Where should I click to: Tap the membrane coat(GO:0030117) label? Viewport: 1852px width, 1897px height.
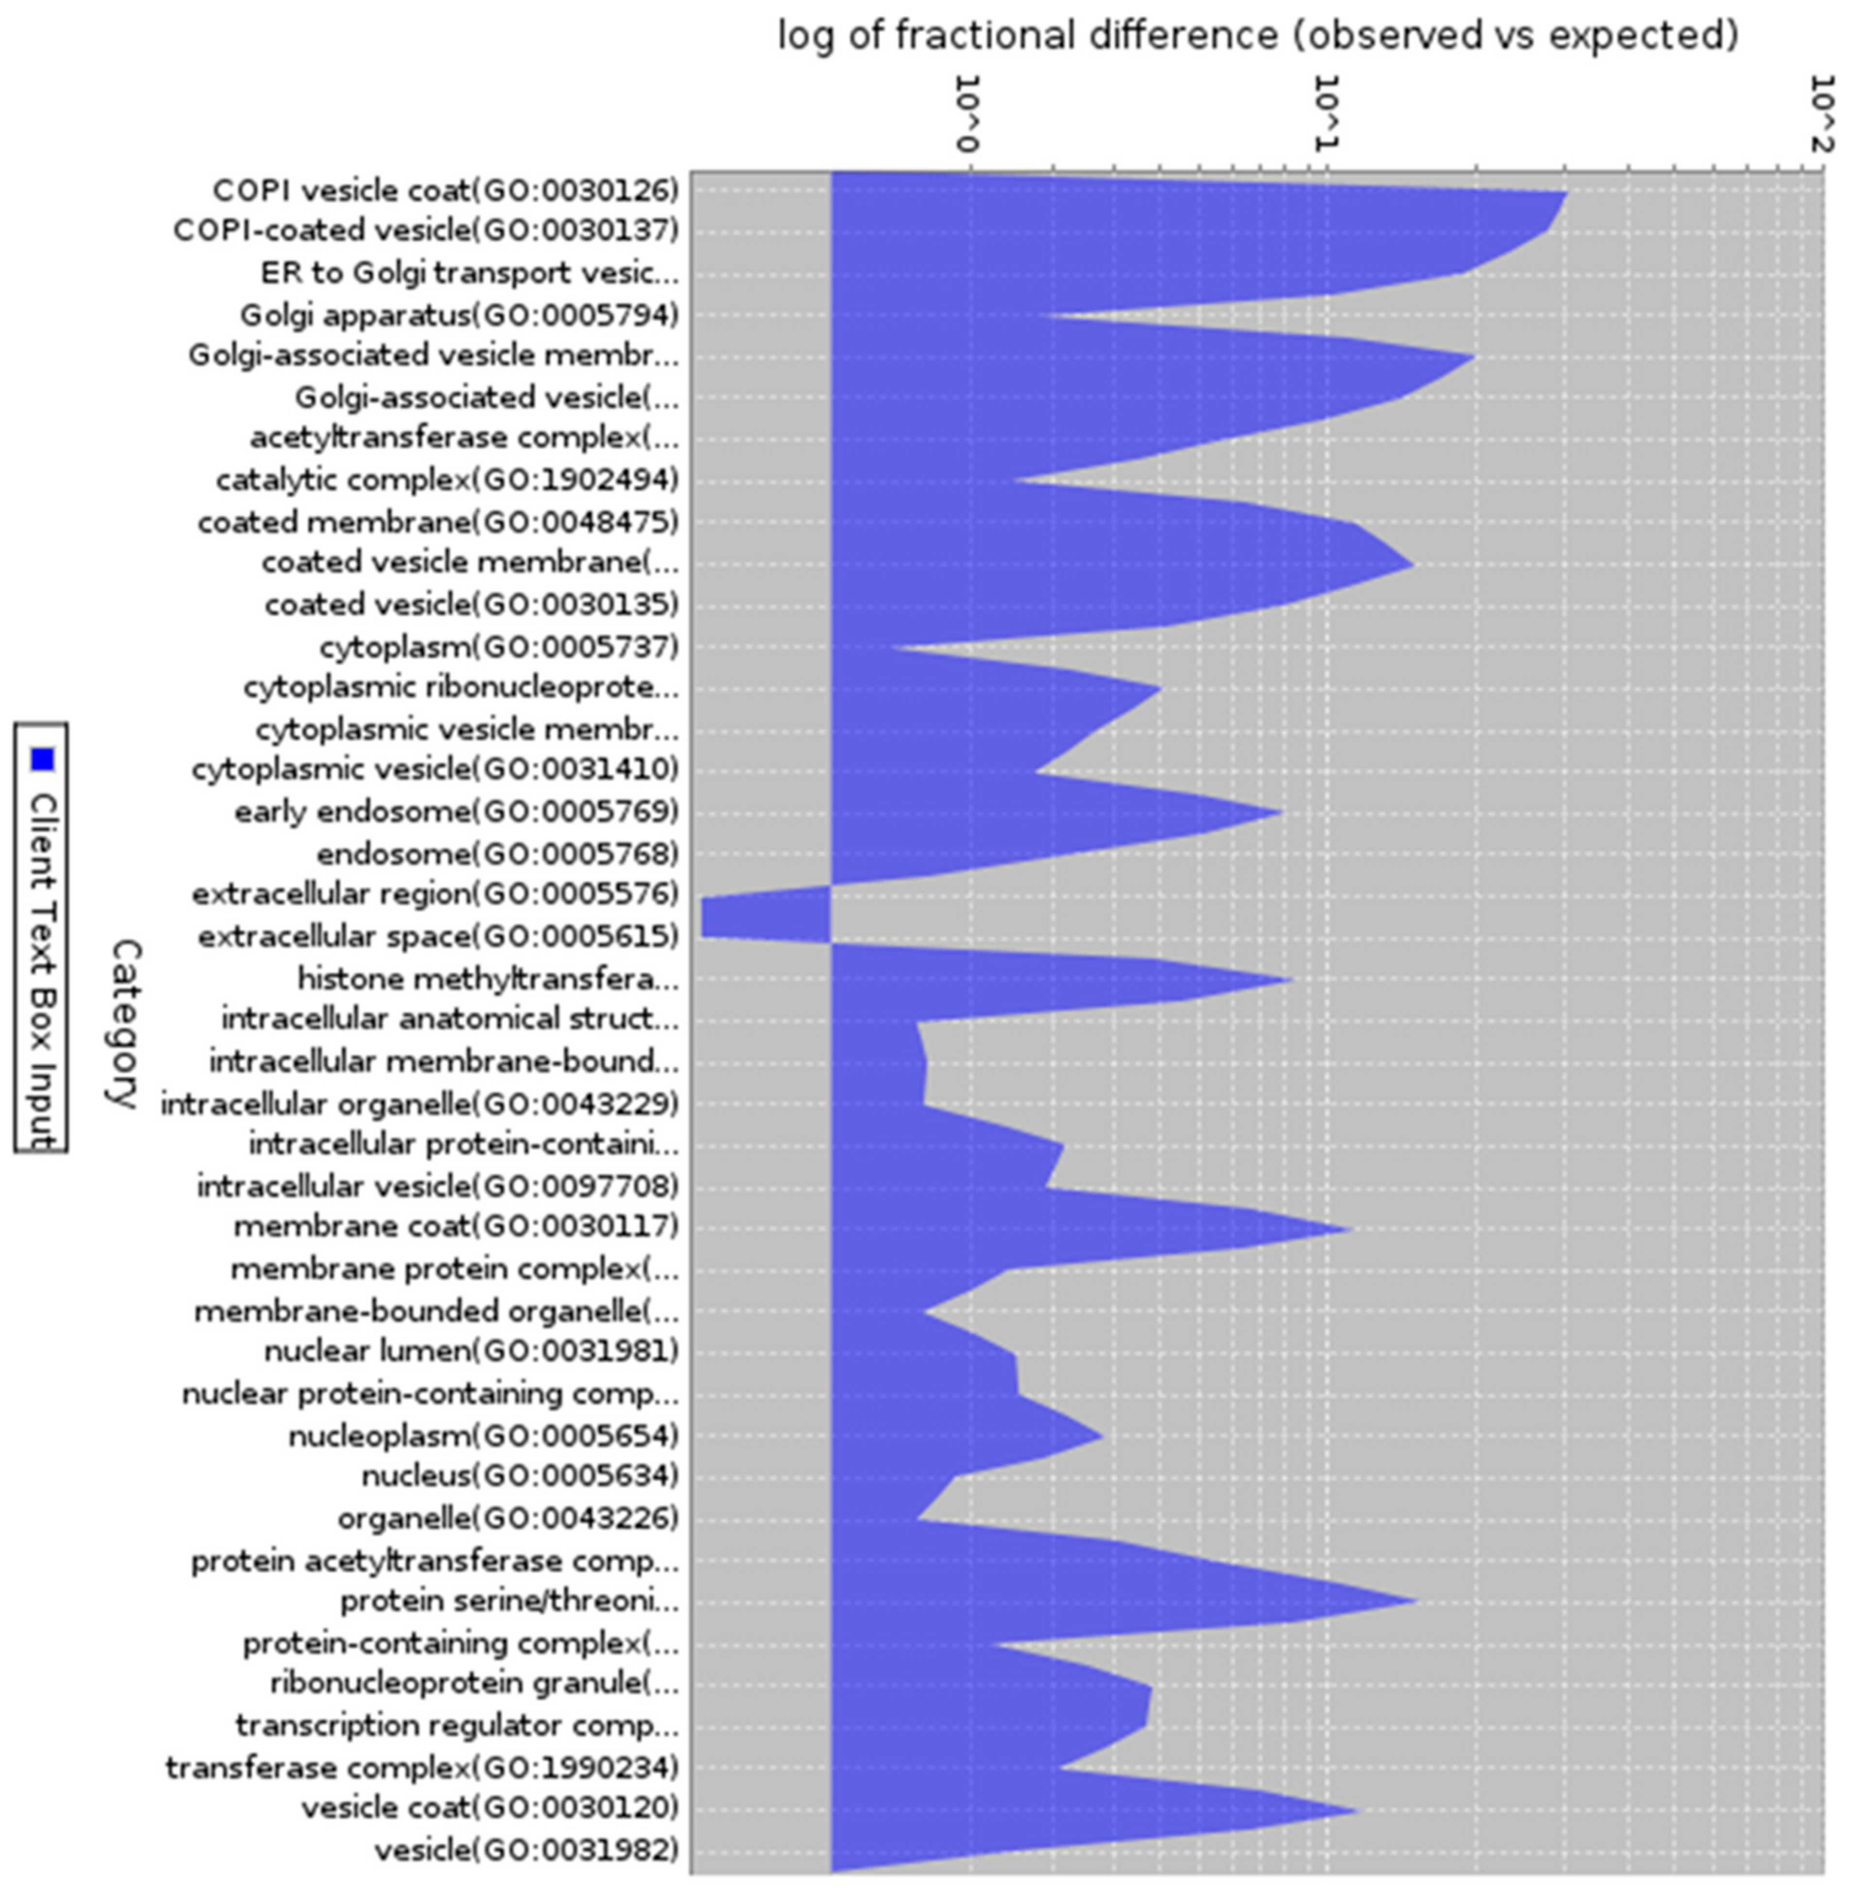pyautogui.click(x=456, y=1227)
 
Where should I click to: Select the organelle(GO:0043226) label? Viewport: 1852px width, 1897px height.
pyautogui.click(x=508, y=1518)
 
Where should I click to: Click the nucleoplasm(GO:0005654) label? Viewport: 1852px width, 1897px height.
pyautogui.click(x=483, y=1435)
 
